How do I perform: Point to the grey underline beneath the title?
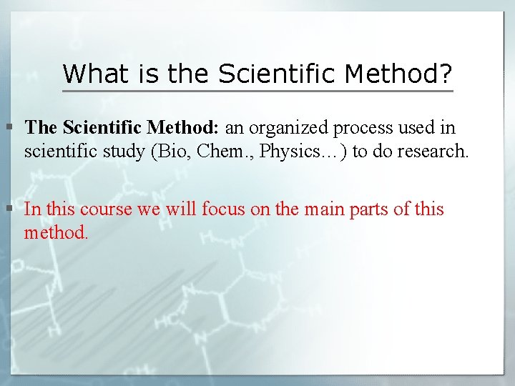click(257, 91)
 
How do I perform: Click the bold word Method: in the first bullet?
click(183, 128)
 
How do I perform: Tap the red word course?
click(104, 209)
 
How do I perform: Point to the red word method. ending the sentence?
click(57, 232)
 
